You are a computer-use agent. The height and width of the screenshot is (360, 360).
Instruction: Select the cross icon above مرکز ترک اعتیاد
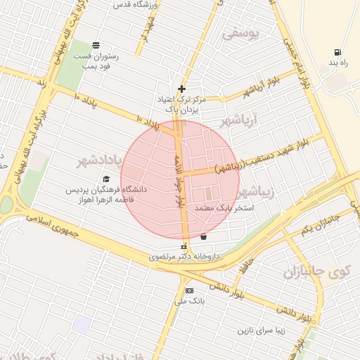(x=182, y=89)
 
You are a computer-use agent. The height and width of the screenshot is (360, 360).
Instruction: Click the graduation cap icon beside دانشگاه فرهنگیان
(x=106, y=179)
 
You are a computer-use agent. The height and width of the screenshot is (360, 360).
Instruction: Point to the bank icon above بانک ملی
(x=188, y=291)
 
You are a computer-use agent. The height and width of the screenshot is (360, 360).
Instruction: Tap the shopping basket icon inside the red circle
(x=203, y=236)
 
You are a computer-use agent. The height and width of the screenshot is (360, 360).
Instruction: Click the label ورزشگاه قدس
(x=136, y=4)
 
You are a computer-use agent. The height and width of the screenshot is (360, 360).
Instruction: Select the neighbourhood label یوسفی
(x=241, y=32)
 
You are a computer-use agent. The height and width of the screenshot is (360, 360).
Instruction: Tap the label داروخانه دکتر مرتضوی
(x=185, y=257)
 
